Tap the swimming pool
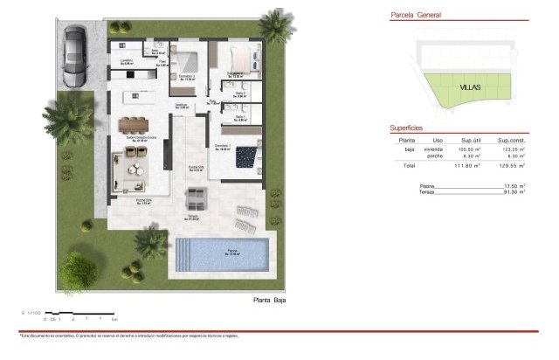point(224,254)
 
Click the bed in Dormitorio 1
point(248,156)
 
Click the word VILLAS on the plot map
point(471,87)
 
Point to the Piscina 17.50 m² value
point(513,185)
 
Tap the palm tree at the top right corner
point(276,25)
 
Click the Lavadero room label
point(125,60)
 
